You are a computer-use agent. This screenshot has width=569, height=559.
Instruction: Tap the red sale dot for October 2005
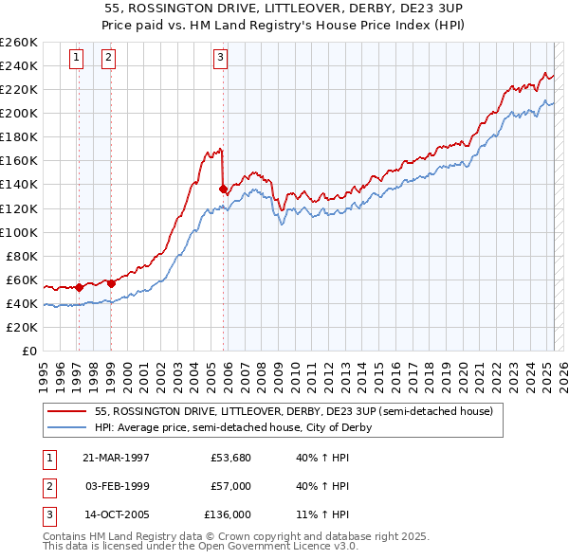pos(223,189)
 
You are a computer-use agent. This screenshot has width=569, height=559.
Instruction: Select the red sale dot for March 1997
pos(79,286)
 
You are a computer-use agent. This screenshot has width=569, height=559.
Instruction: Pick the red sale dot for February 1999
pos(111,282)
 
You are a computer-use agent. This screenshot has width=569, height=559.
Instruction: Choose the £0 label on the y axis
pos(29,351)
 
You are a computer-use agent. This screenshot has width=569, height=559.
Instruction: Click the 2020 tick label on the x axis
pos(463,369)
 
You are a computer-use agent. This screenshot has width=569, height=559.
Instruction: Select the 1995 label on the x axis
pos(43,369)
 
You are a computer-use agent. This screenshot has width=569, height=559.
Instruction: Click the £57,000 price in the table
pos(230,485)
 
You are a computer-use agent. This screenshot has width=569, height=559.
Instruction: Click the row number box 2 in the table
pos(48,485)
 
